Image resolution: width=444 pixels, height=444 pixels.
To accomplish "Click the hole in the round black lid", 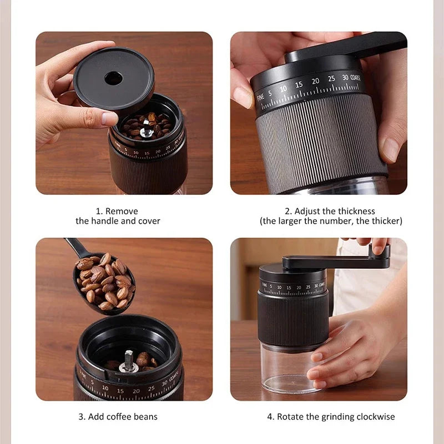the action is click(x=113, y=78).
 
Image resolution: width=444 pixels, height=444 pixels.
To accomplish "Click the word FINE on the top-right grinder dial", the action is click(x=260, y=97).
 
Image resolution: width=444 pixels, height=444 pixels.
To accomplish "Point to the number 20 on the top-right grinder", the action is click(x=315, y=82).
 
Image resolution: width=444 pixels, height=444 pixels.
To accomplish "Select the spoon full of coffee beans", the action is click(x=104, y=282).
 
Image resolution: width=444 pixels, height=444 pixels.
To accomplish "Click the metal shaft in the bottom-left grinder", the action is click(x=128, y=360).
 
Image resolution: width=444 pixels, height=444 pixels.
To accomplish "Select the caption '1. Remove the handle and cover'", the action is click(x=118, y=216).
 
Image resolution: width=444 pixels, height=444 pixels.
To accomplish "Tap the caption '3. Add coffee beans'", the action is click(x=118, y=416).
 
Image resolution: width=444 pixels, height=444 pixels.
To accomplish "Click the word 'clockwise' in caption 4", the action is click(x=376, y=416).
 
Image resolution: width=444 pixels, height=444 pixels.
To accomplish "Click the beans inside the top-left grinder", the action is click(x=147, y=125).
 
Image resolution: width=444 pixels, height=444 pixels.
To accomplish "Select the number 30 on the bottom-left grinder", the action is click(x=164, y=383).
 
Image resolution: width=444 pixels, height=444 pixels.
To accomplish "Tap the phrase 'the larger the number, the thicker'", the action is click(x=331, y=221).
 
